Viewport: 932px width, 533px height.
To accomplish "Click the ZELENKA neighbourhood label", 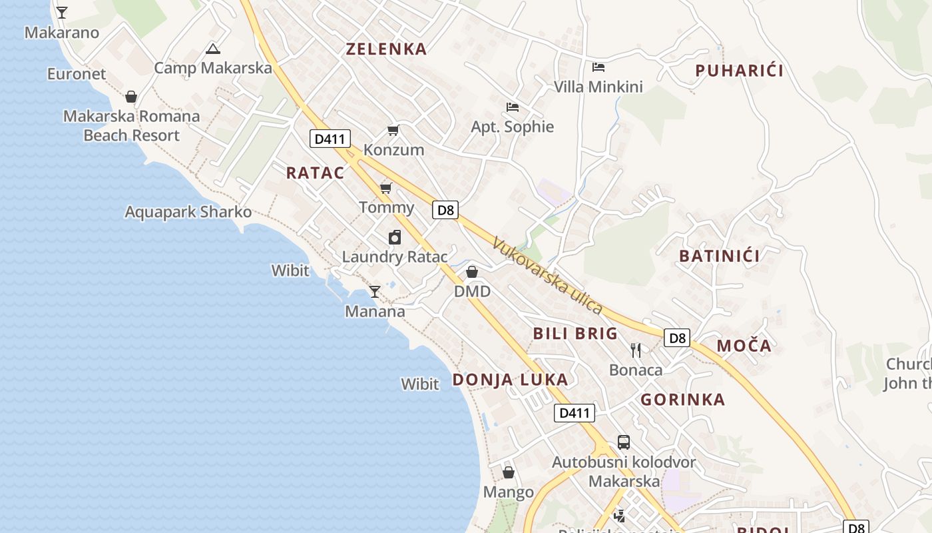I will (x=386, y=49).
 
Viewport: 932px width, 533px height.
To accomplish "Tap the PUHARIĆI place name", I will (x=739, y=71).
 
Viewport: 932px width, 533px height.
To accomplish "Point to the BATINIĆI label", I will (x=719, y=256).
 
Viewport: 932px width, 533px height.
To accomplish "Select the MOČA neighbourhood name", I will (x=744, y=346).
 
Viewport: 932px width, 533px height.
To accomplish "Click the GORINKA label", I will (x=682, y=400).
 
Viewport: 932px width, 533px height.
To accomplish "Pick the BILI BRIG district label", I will (x=575, y=334).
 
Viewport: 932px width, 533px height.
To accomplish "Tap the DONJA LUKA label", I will (x=510, y=380).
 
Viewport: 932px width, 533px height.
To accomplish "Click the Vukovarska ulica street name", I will (x=547, y=276).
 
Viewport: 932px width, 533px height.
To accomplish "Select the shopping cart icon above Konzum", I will (x=393, y=130).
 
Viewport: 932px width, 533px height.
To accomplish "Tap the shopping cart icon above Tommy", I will (x=386, y=188).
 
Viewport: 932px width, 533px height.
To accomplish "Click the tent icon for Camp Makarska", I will (x=212, y=48).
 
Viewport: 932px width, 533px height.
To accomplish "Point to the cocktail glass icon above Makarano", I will (x=61, y=13).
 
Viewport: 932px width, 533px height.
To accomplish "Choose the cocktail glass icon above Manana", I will (x=375, y=291).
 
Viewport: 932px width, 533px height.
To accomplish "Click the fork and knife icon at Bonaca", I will (x=636, y=350).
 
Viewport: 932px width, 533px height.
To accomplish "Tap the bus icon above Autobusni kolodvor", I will (x=623, y=442).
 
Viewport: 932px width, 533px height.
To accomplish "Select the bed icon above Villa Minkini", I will (x=598, y=67).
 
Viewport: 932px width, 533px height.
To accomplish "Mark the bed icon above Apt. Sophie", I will (x=512, y=107).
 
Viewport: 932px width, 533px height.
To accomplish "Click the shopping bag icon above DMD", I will (x=472, y=272).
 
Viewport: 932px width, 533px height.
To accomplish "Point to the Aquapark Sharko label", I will (x=188, y=213).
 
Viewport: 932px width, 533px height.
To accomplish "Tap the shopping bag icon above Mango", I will (x=508, y=472).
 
